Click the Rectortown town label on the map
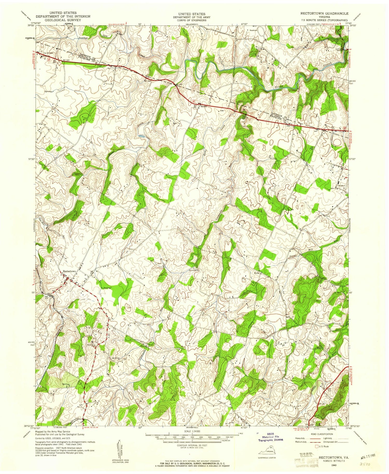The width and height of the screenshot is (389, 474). (x=69, y=271)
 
